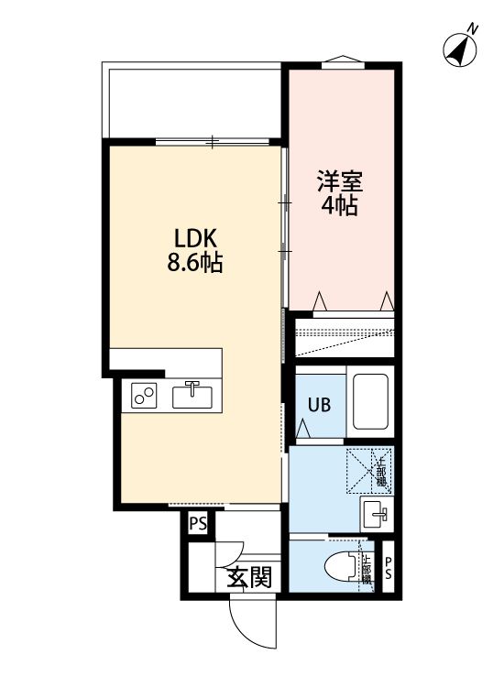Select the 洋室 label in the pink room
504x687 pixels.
pyautogui.click(x=338, y=180)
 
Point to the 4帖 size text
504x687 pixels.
pyautogui.click(x=338, y=205)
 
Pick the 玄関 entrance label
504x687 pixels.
pyautogui.click(x=249, y=577)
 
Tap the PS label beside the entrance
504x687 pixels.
pyautogui.click(x=197, y=525)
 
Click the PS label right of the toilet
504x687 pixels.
pyautogui.click(x=389, y=569)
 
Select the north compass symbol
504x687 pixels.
pyautogui.click(x=458, y=49)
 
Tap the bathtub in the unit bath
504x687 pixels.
pyautogui.click(x=370, y=403)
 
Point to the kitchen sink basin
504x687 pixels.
pyautogui.click(x=192, y=396)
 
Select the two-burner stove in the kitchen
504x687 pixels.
pyautogui.click(x=144, y=396)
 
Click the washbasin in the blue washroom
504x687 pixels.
pyautogui.click(x=375, y=514)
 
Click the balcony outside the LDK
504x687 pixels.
pyautogui.click(x=192, y=101)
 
